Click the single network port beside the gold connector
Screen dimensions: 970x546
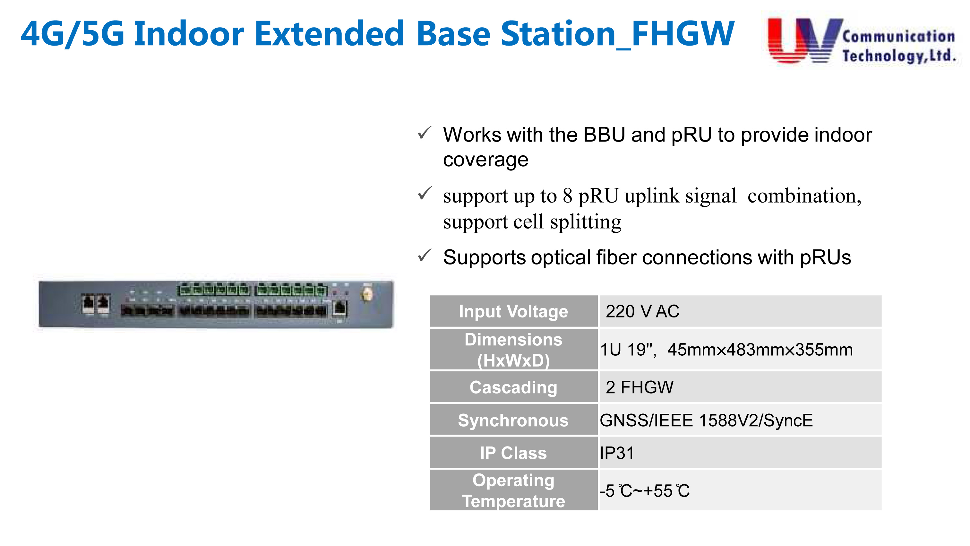coord(340,308)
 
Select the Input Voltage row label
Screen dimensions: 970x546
coord(513,311)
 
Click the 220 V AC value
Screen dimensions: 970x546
coord(642,311)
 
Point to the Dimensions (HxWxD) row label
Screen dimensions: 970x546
coord(513,350)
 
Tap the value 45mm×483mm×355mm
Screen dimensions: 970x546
coord(760,350)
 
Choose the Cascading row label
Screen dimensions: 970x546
coord(513,387)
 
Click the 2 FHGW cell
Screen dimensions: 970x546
coord(640,387)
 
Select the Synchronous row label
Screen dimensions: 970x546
coord(513,420)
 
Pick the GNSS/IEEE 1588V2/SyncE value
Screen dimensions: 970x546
coord(706,420)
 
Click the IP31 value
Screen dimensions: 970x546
coord(617,453)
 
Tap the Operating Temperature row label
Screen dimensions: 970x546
coord(513,490)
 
